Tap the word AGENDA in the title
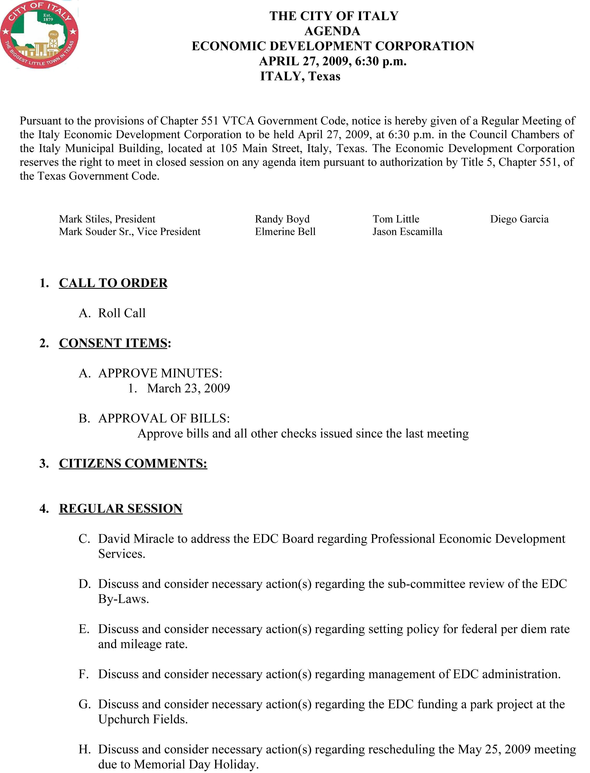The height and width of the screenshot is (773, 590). tap(332, 31)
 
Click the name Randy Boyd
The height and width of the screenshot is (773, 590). tap(282, 219)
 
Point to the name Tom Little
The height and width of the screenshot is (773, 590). tap(396, 219)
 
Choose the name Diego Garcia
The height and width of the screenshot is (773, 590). tap(519, 219)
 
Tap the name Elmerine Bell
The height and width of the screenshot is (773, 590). tap(285, 232)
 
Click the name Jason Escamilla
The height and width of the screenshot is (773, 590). tap(407, 232)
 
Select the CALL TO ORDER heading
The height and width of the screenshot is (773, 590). tap(113, 283)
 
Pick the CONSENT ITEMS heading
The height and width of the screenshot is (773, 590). tap(113, 343)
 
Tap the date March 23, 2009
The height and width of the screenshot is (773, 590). tap(188, 388)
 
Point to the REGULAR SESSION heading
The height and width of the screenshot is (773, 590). tap(121, 509)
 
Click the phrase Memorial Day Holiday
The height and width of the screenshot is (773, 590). tap(196, 764)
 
